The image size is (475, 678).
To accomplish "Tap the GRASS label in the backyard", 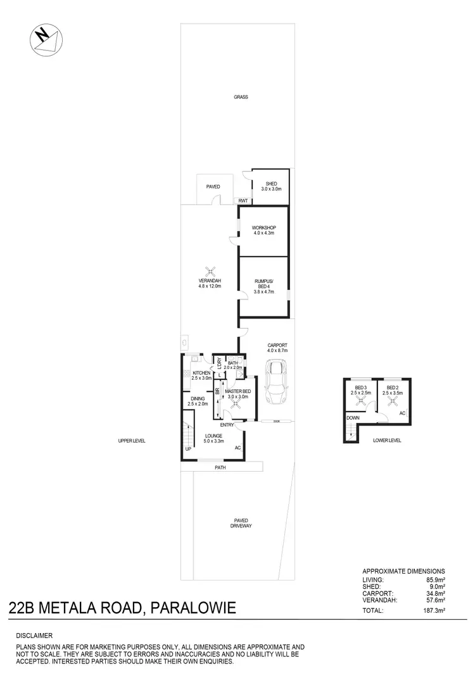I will coord(241,97).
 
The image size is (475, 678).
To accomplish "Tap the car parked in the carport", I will coord(277,382).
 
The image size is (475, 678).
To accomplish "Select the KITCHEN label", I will coord(201,374).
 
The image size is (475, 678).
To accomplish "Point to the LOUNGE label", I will coord(213,436).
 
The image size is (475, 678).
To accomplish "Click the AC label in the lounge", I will coord(238,448).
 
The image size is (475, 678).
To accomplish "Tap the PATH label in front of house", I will coord(220,468).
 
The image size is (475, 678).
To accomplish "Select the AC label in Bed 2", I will coord(402,413).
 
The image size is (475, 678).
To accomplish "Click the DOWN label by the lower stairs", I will coord(352,418).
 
